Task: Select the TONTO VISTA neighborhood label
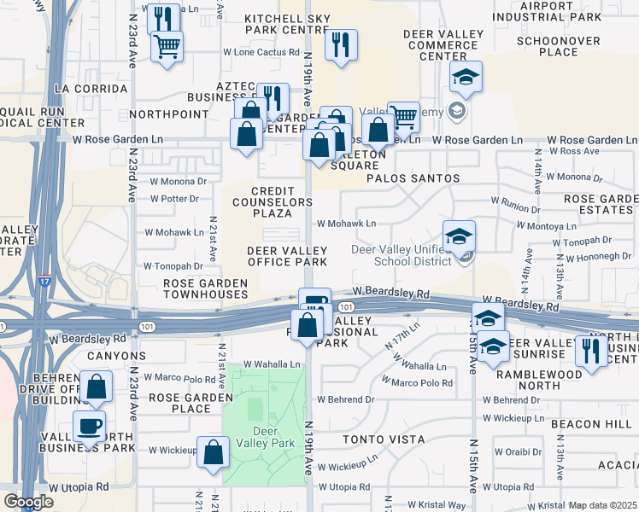pos(384,439)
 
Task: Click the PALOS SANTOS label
pos(413,178)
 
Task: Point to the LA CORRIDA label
pos(85,88)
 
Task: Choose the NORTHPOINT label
pos(169,113)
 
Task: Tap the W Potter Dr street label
pos(174,199)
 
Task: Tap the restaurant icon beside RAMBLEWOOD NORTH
pos(591,351)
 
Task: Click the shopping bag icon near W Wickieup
pos(213,452)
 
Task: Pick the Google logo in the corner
pos(27,502)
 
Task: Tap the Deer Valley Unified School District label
pos(402,255)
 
